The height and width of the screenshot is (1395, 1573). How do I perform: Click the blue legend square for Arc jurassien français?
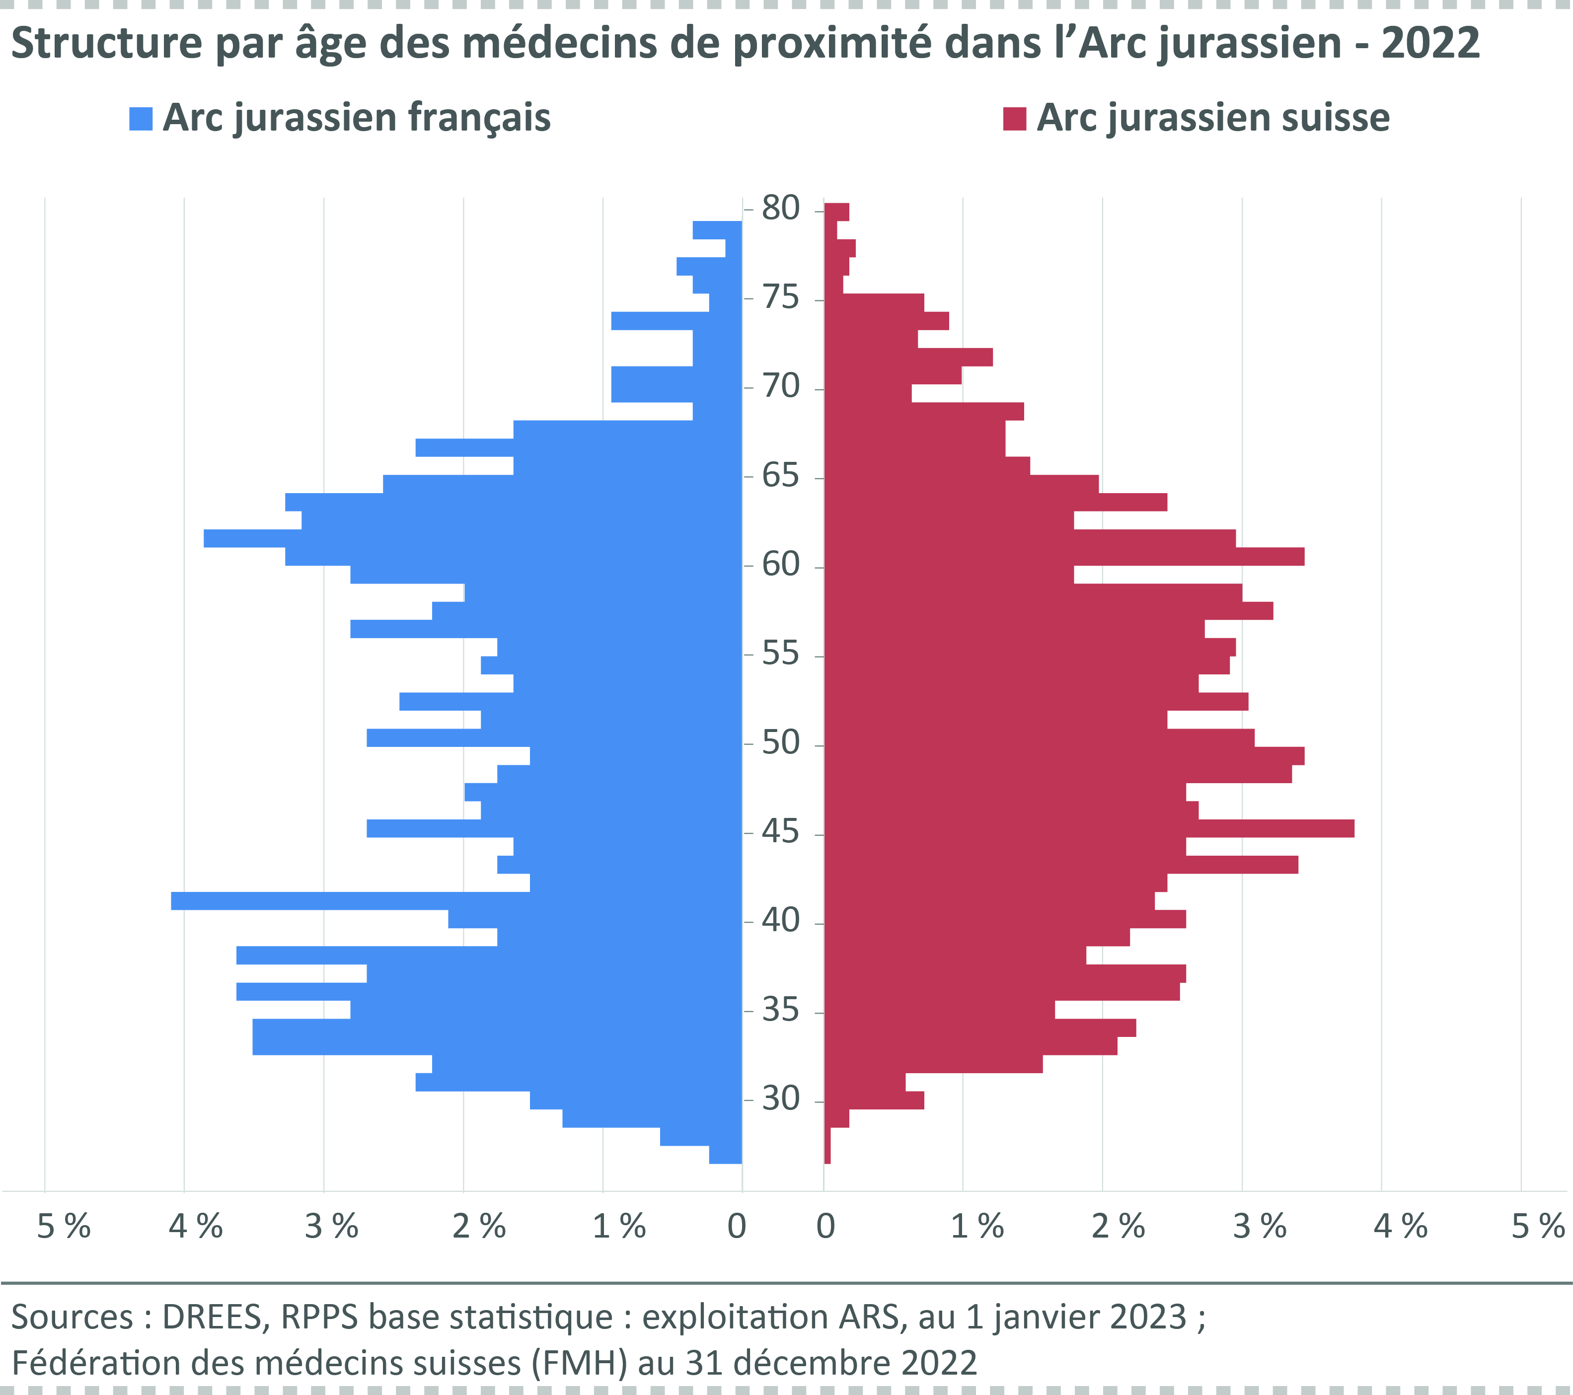141,119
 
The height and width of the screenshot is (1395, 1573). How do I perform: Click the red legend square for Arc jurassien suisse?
1014,119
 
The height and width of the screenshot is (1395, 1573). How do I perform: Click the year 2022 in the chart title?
1430,43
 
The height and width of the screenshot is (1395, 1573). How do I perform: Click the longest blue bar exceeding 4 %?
346,901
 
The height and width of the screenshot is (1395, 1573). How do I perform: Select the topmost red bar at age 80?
836,212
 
